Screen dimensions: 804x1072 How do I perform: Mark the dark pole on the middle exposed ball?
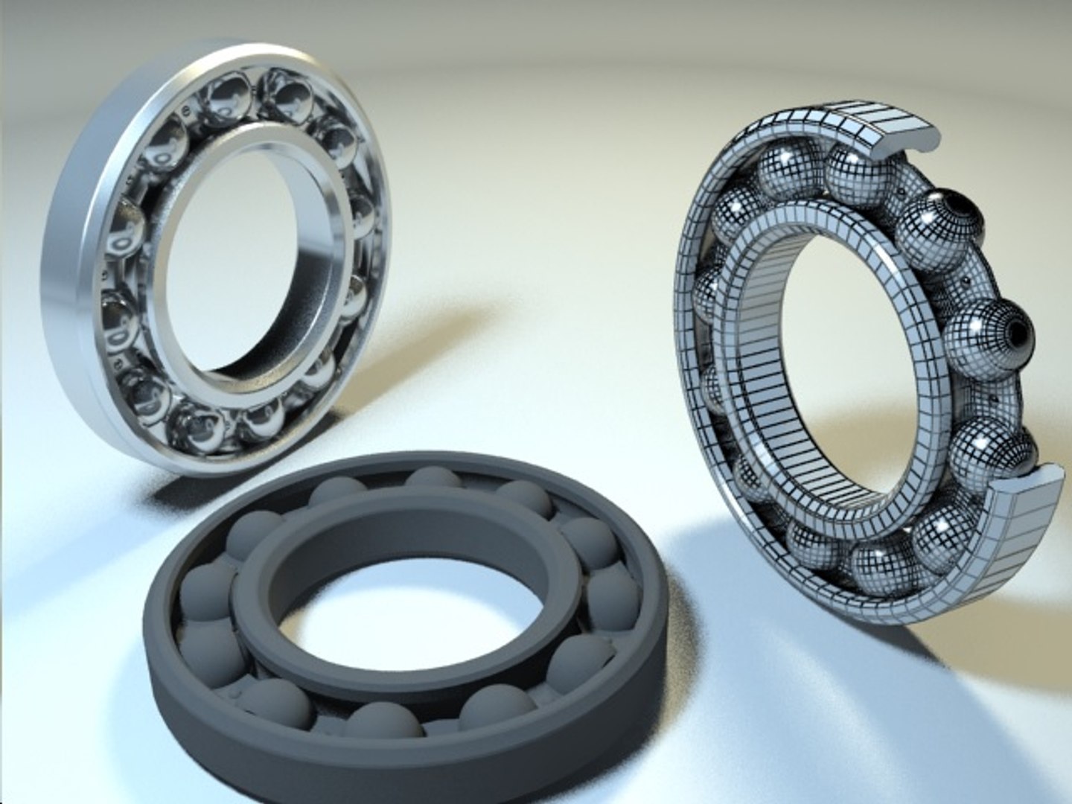pos(1016,331)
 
